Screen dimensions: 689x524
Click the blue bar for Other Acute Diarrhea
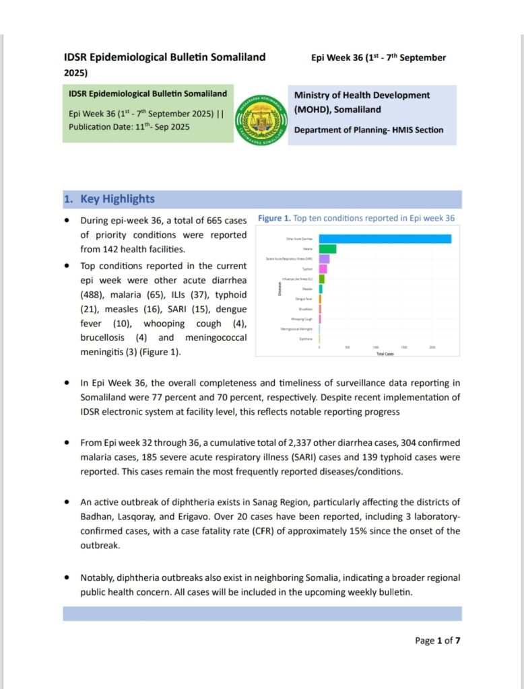coord(385,239)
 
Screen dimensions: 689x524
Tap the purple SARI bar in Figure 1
coord(324,259)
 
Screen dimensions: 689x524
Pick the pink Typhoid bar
coord(323,269)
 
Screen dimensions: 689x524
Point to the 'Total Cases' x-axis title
coord(385,353)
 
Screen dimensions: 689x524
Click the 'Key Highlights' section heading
coord(117,199)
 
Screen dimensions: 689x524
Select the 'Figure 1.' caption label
coord(274,219)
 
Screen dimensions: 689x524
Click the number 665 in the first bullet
coord(214,220)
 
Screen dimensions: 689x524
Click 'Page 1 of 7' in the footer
coord(437,641)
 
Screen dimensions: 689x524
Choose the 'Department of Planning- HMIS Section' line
coord(368,130)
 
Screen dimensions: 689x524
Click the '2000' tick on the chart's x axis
coord(432,347)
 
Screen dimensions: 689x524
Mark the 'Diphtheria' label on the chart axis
coord(305,339)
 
